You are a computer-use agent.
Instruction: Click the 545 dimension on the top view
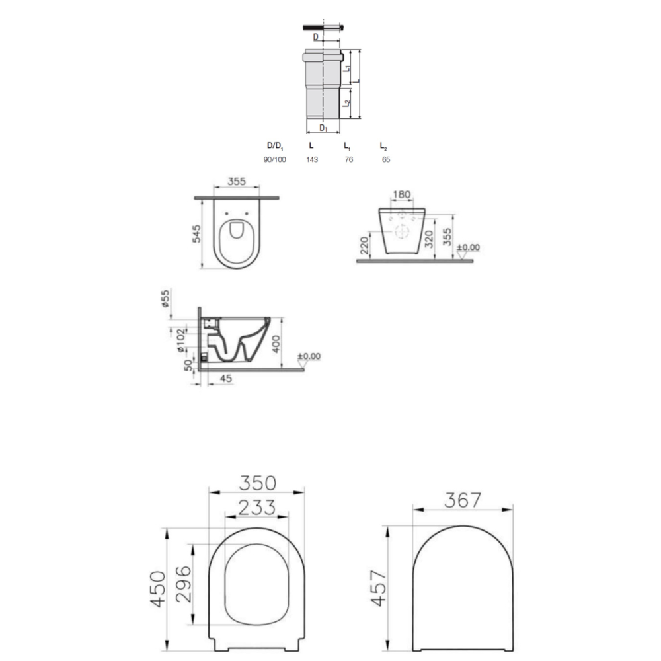pos(196,234)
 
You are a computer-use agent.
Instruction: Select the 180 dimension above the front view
pos(401,194)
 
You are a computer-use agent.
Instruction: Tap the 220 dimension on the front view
pos(365,245)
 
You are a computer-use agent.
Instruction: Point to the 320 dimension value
pos(429,239)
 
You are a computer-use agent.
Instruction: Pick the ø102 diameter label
pos(180,340)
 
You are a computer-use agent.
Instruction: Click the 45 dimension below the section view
pos(226,379)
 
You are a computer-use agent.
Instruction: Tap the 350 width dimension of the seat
pos(257,483)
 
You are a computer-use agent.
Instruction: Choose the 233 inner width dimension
pos(257,508)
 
